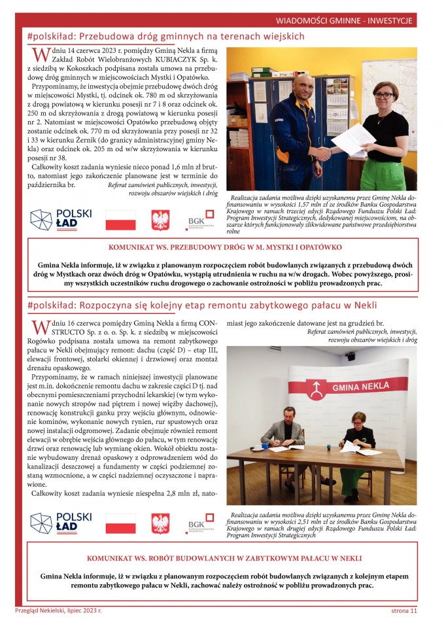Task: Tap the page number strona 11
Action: click(400, 611)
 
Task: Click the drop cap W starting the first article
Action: click(39, 56)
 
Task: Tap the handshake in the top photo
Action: click(322, 154)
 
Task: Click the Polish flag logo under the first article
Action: click(121, 220)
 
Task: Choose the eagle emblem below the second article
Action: click(160, 523)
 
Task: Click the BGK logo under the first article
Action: click(201, 220)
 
